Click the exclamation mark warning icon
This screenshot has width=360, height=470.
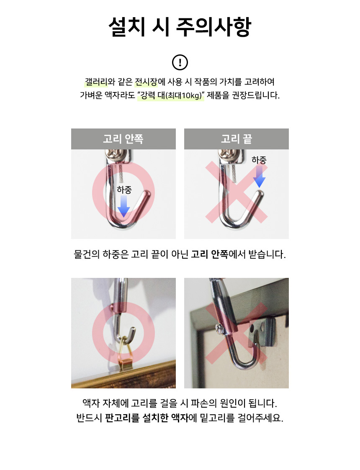tap(180, 62)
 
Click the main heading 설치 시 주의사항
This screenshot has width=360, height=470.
tap(180, 27)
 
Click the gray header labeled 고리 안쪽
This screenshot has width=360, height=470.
tap(123, 139)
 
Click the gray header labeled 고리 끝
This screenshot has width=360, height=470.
tap(237, 139)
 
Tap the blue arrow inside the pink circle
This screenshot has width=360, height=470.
tap(123, 206)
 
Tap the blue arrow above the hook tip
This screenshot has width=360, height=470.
tap(259, 177)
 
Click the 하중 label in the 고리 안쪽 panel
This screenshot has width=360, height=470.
tap(124, 190)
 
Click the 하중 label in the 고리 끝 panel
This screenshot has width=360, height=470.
tap(259, 160)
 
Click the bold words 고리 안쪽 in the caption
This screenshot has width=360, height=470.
tap(210, 254)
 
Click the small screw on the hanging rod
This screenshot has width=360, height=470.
tap(219, 329)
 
